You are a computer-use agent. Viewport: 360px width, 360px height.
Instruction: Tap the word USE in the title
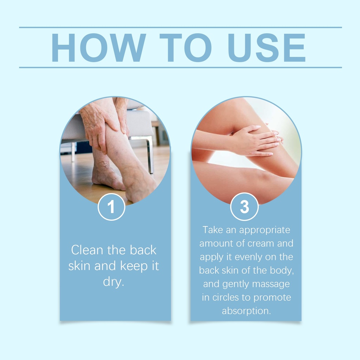click(x=266, y=48)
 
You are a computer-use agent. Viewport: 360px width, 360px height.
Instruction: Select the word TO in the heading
click(x=186, y=48)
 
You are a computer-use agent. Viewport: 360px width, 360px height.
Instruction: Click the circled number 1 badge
click(x=111, y=207)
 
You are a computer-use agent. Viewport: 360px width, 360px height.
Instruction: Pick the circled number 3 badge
click(x=244, y=206)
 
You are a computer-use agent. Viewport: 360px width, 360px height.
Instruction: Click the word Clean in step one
click(x=87, y=250)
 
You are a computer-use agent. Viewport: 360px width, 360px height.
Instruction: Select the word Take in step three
click(x=213, y=230)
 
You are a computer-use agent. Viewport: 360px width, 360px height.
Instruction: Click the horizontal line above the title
click(x=180, y=27)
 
